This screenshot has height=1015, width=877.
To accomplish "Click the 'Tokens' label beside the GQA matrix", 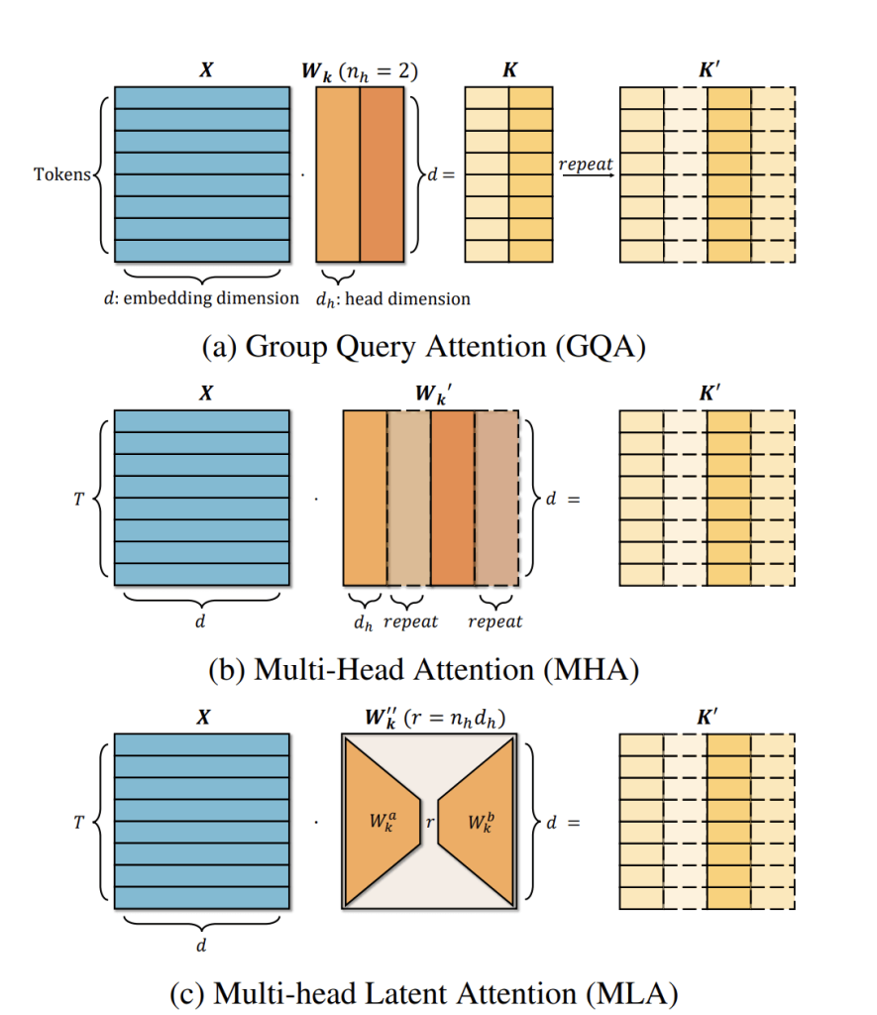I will [x=62, y=175].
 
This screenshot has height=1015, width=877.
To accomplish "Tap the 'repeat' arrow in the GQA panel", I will [x=586, y=175].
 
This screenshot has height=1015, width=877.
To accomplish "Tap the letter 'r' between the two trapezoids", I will [x=429, y=821].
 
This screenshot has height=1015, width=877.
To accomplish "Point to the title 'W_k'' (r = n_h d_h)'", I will [x=431, y=718].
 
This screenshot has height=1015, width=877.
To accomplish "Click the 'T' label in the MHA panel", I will [x=78, y=499].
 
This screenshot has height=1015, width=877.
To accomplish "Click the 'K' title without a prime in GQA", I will [x=508, y=71].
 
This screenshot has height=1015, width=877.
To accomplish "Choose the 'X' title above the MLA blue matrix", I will [x=202, y=718].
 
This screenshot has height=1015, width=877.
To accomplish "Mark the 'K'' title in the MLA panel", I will [x=707, y=718].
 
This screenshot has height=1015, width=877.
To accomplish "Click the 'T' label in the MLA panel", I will [x=78, y=822].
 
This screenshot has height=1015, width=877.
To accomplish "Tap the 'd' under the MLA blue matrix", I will [x=202, y=946].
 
